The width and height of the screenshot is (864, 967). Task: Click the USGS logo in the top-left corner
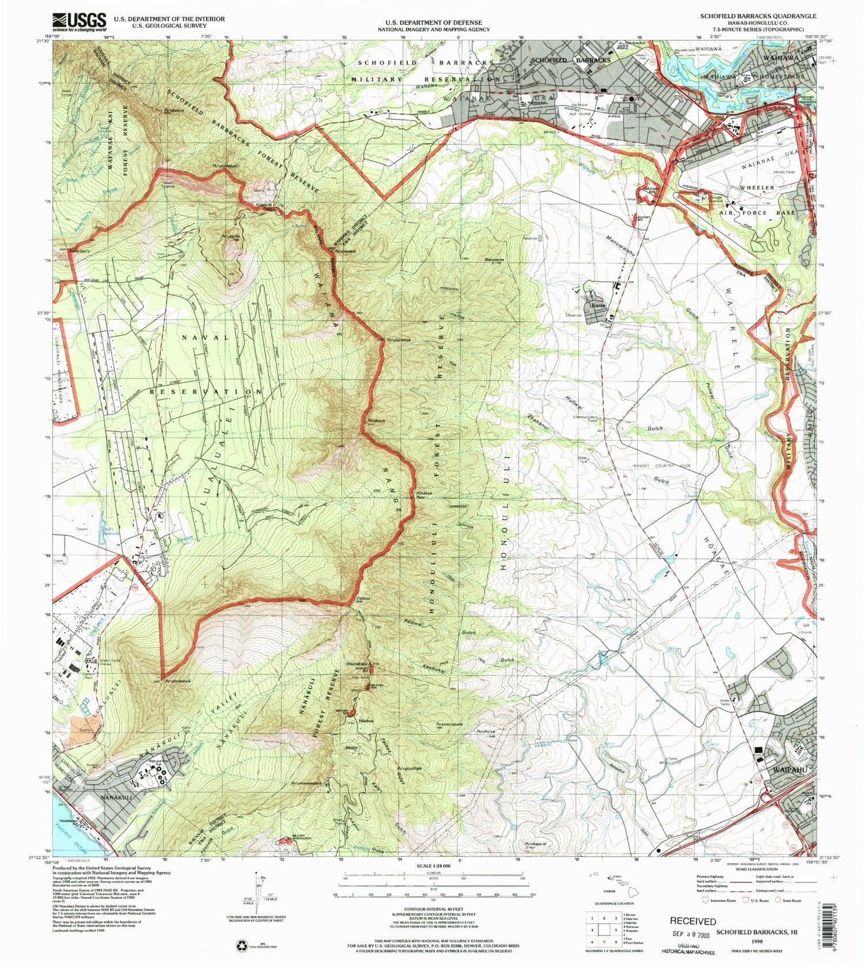pyautogui.click(x=79, y=21)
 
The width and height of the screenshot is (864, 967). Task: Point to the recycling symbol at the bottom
pyautogui.click(x=241, y=945)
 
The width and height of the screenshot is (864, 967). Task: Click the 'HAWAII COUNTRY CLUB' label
pyautogui.click(x=654, y=465)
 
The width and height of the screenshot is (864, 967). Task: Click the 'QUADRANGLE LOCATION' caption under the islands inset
pyautogui.click(x=615, y=904)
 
